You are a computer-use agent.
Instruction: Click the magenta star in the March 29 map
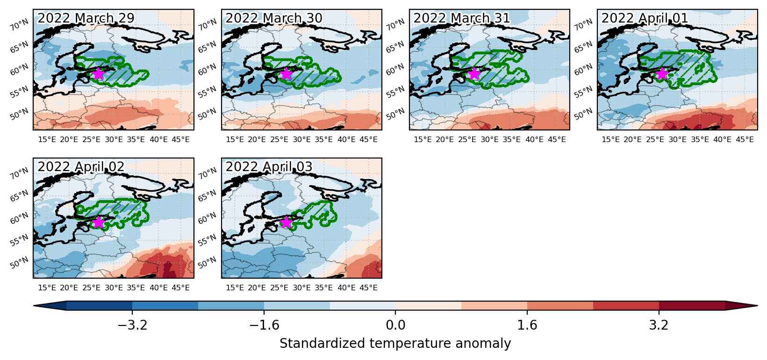coord(98,73)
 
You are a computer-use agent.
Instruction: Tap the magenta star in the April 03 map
coord(286,222)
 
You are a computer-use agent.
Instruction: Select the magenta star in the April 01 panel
coord(662,73)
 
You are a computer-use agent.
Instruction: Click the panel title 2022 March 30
coord(273,18)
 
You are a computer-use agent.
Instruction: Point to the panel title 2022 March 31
coord(462,18)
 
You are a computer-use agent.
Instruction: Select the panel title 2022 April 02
coord(81,167)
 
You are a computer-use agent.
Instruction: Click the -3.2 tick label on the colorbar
coord(132,325)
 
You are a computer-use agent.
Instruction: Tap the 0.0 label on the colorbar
coord(395,325)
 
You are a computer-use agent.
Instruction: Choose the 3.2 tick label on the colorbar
coord(659,325)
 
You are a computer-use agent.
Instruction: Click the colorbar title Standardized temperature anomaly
coord(395,343)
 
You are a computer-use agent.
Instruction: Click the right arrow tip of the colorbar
coord(757,306)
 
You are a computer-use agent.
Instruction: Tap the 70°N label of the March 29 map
coord(20,25)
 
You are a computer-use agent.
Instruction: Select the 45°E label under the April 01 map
coord(745,140)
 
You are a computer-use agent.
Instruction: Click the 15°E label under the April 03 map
coord(235,288)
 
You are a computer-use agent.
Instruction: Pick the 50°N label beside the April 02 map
coord(20,263)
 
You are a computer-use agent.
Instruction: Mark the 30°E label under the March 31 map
coord(489,140)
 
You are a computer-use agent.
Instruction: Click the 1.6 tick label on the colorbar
coord(527,325)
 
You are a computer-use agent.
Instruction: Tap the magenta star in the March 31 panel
coord(474,73)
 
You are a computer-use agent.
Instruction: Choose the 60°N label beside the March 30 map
coord(208,70)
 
